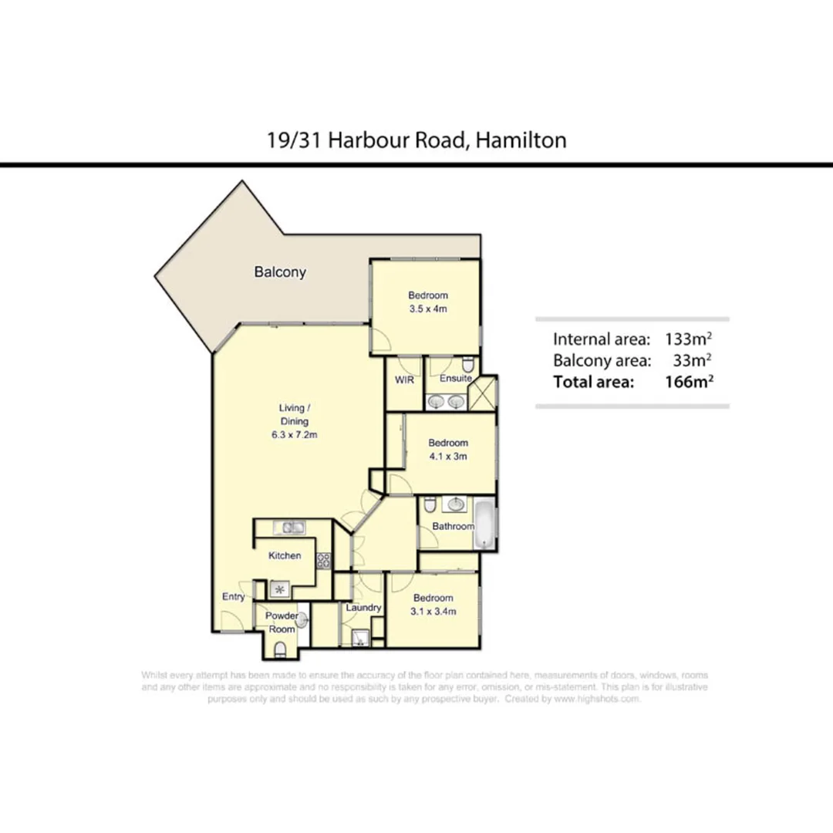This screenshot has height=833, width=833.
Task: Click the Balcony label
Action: point(280,272)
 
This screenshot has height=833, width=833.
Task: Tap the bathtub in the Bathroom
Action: point(484,525)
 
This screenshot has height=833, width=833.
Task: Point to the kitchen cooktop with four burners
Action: point(325,561)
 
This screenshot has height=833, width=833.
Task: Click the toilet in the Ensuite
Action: point(466,365)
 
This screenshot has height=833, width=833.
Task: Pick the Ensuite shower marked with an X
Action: point(485,395)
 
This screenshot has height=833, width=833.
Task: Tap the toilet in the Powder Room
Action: point(280,649)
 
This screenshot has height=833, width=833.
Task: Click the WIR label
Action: point(405,379)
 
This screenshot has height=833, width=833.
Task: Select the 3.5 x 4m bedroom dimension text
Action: point(428,309)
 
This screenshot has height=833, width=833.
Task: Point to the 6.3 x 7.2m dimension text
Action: point(294,435)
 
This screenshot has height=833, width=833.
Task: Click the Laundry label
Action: point(363,608)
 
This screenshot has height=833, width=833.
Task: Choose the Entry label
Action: point(234,597)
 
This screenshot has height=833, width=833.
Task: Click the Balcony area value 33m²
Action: point(691,359)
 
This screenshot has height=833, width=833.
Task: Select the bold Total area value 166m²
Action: point(688,380)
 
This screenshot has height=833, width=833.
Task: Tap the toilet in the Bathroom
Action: point(430,504)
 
